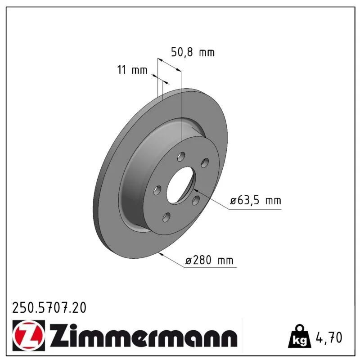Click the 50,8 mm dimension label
(x=193, y=53)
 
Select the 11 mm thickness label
(x=132, y=70)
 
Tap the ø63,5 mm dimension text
(x=256, y=200)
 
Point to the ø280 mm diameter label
(x=209, y=261)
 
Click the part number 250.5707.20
(x=49, y=308)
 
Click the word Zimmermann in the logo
(x=144, y=336)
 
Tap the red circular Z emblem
(x=28, y=335)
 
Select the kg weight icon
(x=300, y=336)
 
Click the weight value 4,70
(x=329, y=337)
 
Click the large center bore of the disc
(x=180, y=185)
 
